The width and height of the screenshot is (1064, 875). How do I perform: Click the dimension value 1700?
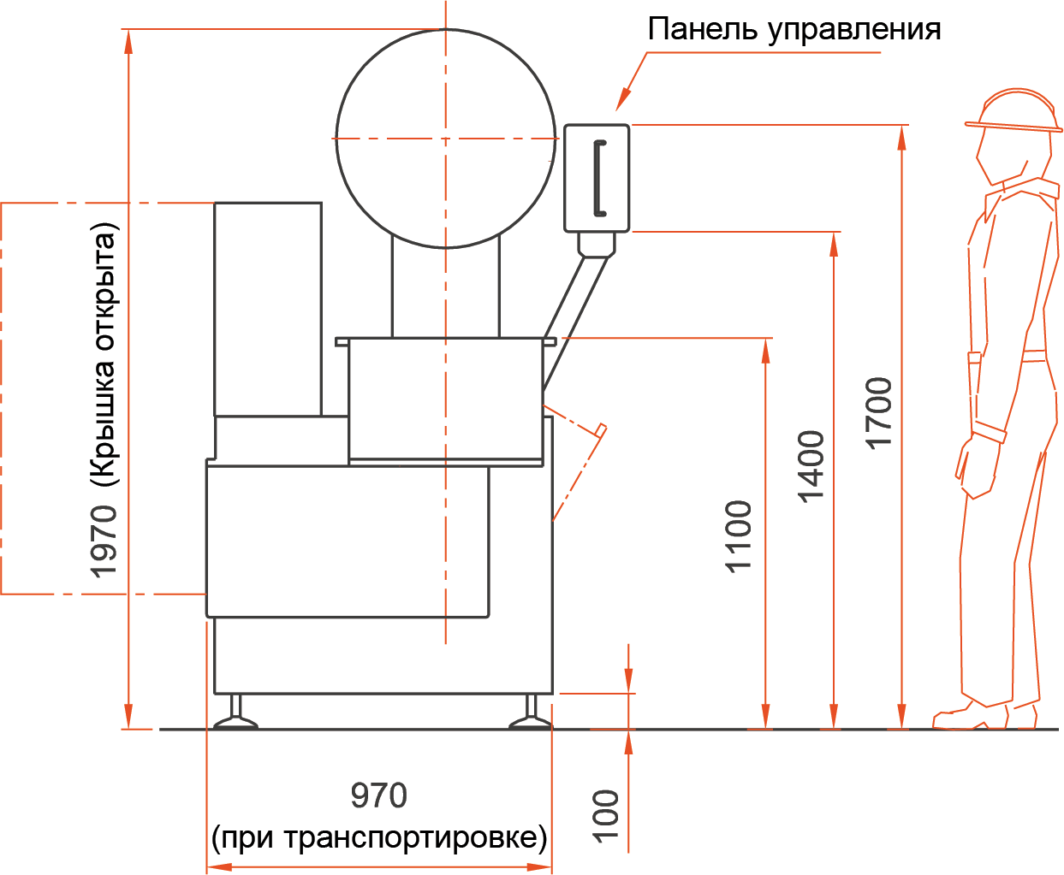click(x=878, y=411)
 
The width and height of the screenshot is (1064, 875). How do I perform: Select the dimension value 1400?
click(x=810, y=466)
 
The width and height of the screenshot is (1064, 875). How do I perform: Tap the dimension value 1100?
click(x=738, y=536)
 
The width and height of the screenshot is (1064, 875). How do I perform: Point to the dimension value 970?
click(x=378, y=796)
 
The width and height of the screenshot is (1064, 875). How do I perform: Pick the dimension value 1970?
click(x=104, y=541)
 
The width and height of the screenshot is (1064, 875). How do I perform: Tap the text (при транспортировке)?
click(x=379, y=837)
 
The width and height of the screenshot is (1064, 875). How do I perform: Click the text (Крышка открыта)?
click(x=104, y=355)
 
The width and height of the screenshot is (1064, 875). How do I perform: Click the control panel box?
click(x=597, y=178)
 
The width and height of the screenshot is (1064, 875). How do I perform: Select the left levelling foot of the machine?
click(x=235, y=717)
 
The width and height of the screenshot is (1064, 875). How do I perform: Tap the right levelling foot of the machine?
click(x=531, y=717)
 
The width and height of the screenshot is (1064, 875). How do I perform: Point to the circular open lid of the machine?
click(x=445, y=139)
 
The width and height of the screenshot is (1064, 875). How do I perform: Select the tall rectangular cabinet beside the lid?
click(x=268, y=309)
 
